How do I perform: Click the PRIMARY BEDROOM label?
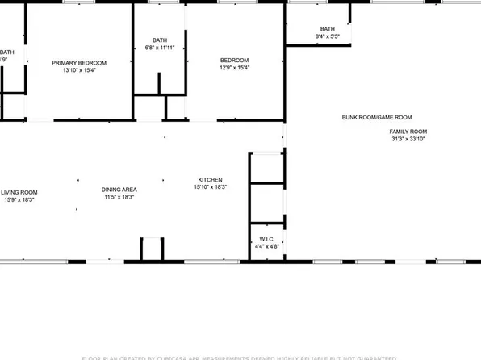tap(79, 62)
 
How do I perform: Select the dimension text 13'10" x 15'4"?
tap(79, 70)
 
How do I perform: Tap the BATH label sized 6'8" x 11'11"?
tap(159, 40)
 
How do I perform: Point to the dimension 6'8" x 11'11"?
tap(159, 48)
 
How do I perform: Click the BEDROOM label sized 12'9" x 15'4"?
tap(235, 60)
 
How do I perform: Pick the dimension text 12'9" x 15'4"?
tap(235, 68)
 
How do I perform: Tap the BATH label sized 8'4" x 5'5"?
tap(327, 28)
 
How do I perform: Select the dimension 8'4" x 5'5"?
tap(327, 36)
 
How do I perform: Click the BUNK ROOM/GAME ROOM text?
tap(377, 117)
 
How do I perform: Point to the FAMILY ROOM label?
tap(408, 132)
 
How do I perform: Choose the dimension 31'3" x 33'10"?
tap(408, 139)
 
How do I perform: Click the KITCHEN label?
tap(211, 179)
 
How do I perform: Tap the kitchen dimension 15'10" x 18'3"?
tap(211, 187)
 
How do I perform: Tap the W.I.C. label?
tap(267, 239)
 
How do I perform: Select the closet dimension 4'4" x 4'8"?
tap(267, 246)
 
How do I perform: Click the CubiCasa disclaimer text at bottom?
tap(240, 357)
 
